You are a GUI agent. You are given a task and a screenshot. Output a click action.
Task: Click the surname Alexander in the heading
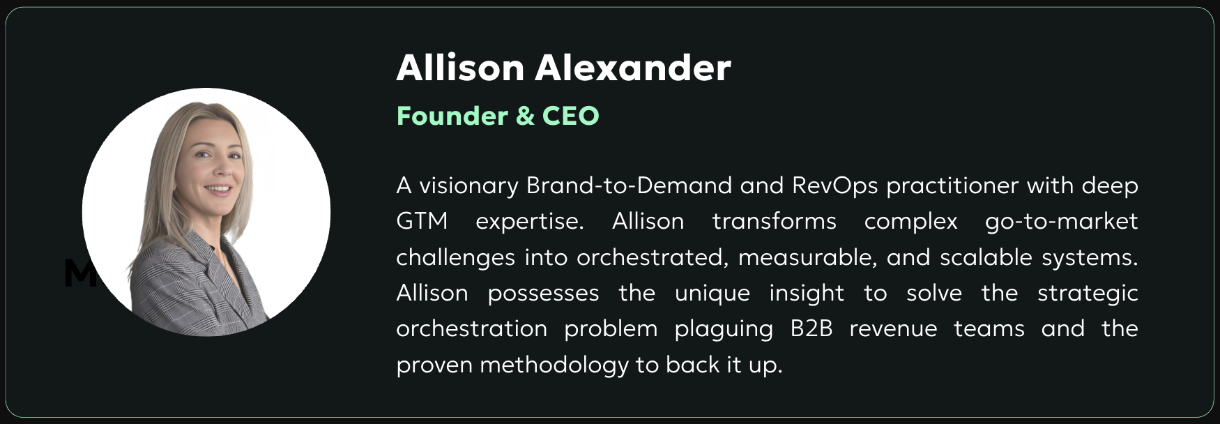click(x=633, y=68)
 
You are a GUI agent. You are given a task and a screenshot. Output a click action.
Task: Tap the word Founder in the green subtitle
click(x=452, y=116)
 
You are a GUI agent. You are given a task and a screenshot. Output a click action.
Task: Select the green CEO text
click(x=571, y=116)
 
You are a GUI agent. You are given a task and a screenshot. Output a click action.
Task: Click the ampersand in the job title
click(x=526, y=116)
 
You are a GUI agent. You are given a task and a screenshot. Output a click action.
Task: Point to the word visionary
click(x=468, y=185)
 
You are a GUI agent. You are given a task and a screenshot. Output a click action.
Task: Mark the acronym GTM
click(x=422, y=221)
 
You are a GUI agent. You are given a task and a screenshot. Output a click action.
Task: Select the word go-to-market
click(x=1061, y=222)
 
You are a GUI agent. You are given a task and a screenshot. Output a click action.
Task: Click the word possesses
click(x=543, y=294)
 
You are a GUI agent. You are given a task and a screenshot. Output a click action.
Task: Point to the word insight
click(x=807, y=294)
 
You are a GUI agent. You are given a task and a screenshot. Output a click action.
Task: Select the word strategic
click(x=1088, y=294)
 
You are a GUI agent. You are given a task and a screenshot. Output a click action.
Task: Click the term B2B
click(x=811, y=328)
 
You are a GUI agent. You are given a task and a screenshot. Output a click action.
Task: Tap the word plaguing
click(x=724, y=329)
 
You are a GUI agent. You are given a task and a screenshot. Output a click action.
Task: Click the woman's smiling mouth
click(x=218, y=189)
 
